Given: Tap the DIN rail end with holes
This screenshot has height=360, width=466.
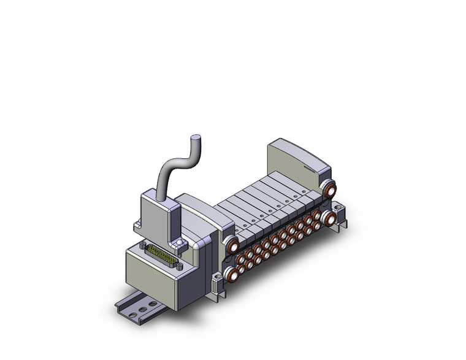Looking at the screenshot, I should (132, 313).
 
